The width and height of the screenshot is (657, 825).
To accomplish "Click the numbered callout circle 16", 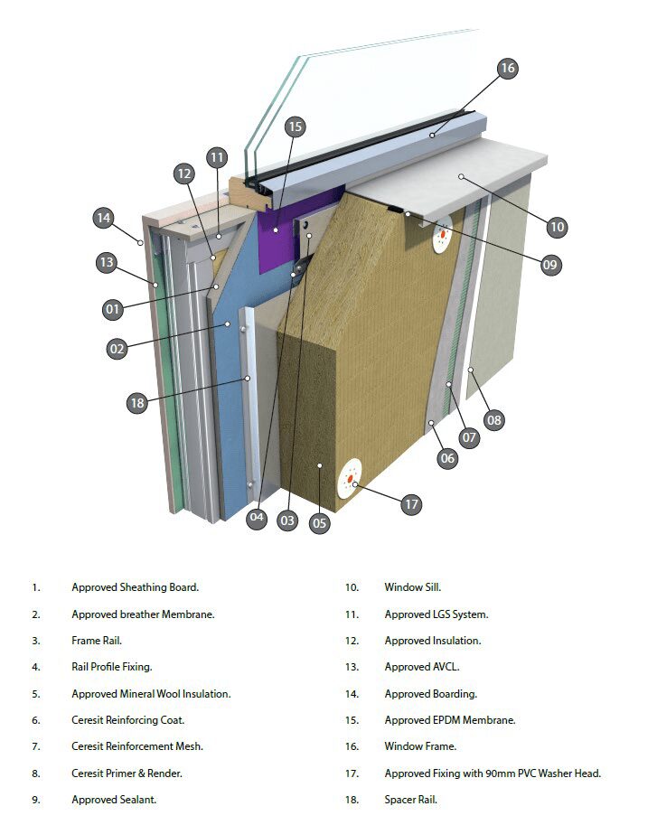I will point(506,69).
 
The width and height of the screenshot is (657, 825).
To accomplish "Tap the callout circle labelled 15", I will point(295,127).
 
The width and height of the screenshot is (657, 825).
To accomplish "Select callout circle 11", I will point(216,157).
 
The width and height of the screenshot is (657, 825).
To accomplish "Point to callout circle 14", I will point(104,218).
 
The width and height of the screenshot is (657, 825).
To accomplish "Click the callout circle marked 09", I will point(550,265).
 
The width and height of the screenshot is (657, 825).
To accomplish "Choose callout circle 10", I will point(557,227).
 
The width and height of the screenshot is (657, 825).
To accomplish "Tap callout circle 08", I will point(494,419).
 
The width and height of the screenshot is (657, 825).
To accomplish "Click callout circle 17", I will point(412,504).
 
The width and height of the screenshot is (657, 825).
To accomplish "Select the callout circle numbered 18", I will point(137,404).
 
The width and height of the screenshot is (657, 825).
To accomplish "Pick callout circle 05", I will point(319,521).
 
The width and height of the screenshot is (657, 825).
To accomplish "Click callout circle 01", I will point(112,310).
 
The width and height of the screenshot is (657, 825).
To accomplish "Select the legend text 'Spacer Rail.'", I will point(410,800).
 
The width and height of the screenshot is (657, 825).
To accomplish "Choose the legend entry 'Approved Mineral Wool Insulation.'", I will point(151,694).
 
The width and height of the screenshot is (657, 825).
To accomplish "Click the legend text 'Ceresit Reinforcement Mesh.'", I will point(137,746).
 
